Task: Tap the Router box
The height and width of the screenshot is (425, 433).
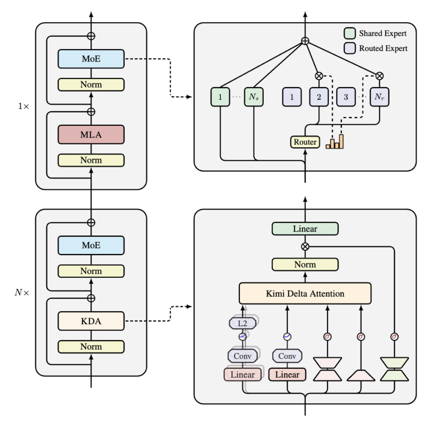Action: point(305,142)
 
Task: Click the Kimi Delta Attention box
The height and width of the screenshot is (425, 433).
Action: point(305,293)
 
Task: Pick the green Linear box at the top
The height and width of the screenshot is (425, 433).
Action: point(305,229)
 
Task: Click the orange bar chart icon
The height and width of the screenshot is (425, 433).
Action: point(335,142)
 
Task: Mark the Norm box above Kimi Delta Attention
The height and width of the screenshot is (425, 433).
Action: point(305,265)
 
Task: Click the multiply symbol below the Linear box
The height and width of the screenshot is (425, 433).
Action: point(305,246)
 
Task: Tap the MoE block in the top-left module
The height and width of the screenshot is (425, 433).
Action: point(91,59)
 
